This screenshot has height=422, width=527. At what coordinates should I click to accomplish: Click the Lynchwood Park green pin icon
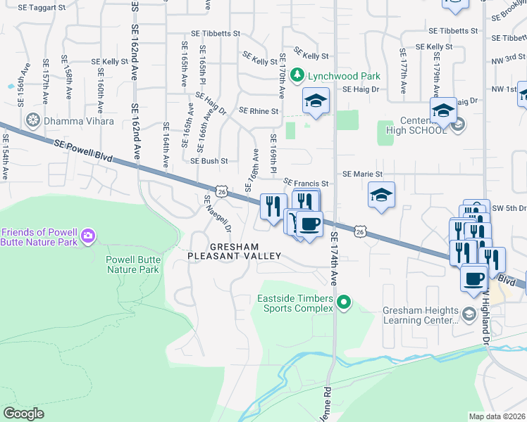pyautogui.click(x=298, y=75)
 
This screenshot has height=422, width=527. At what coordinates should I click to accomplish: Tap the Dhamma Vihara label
pyautogui.click(x=79, y=121)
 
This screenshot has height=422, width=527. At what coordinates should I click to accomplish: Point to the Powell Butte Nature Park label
pyautogui.click(x=132, y=264)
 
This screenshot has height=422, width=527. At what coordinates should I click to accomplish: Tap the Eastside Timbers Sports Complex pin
pyautogui.click(x=344, y=304)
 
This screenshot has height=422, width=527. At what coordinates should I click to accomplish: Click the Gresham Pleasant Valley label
pyautogui.click(x=235, y=251)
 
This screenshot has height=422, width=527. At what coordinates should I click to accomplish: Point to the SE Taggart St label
pyautogui.click(x=43, y=7)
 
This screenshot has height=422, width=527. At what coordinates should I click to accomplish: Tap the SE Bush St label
pyautogui.click(x=209, y=161)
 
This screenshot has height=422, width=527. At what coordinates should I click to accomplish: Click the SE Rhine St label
pyautogui.click(x=259, y=111)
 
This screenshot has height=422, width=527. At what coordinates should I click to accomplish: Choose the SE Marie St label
pyautogui.click(x=362, y=174)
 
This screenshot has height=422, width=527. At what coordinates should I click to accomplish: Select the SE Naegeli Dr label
pyautogui.click(x=218, y=214)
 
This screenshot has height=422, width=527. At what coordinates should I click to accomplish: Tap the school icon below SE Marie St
pyautogui.click(x=381, y=196)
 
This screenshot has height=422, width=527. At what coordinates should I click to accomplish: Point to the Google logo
pyautogui.click(x=24, y=414)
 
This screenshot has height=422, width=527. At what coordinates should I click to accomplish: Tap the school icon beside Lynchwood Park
pyautogui.click(x=316, y=101)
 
